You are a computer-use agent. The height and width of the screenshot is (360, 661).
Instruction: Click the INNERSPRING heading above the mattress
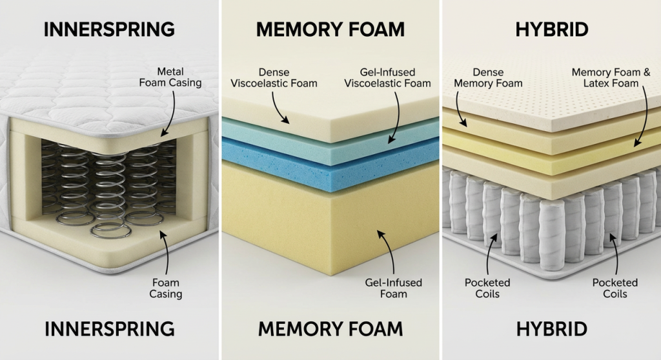point(109,29)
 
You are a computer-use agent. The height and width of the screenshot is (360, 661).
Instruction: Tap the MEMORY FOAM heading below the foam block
point(330,328)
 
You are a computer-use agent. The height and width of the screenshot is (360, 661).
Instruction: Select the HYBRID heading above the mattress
point(551,29)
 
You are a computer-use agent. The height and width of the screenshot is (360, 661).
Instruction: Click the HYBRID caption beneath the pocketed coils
point(551,328)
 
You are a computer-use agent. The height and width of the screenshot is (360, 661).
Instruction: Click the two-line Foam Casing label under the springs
point(166,288)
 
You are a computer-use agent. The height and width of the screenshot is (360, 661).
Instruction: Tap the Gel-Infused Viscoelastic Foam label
point(387,77)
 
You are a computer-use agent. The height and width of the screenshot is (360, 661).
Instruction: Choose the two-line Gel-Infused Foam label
point(393,288)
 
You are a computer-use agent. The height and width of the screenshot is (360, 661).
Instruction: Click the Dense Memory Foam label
point(488,77)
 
